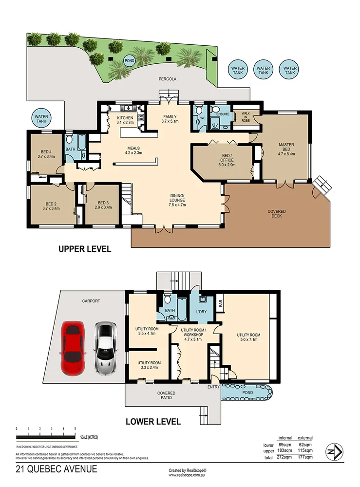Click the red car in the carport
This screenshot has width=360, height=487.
click(73, 349)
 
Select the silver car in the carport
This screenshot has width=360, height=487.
click(106, 348)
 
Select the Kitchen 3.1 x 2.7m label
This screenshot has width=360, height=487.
click(125, 120)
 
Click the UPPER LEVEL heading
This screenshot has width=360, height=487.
click(85, 249)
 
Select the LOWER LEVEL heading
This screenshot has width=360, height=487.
click(153, 422)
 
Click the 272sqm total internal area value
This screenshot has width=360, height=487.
click(285, 457)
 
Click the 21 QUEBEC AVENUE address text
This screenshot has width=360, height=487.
click(56, 469)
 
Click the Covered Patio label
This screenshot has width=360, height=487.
click(166, 396)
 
